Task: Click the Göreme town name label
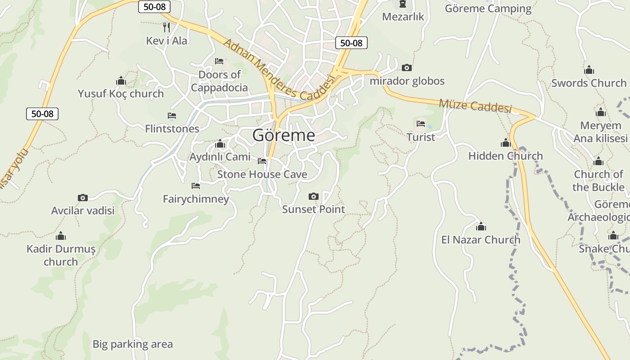click(x=283, y=135)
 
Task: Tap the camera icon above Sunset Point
click(x=314, y=196)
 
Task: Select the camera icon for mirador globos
click(x=407, y=67)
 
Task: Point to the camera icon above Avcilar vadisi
click(x=83, y=198)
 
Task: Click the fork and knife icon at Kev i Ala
click(x=166, y=27)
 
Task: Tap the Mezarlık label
click(x=403, y=17)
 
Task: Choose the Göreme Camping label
click(x=488, y=9)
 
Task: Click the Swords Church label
click(x=589, y=83)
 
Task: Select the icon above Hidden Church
click(x=506, y=143)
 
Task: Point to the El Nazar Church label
click(x=481, y=239)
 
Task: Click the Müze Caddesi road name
click(x=475, y=106)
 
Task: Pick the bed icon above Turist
click(x=421, y=123)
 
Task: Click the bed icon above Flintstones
click(x=171, y=116)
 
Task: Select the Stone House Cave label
click(x=262, y=174)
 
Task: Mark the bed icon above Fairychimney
click(x=196, y=185)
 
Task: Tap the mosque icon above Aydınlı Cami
click(x=220, y=144)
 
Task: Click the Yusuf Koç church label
click(x=121, y=94)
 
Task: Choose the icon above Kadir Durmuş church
click(x=61, y=236)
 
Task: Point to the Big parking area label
click(x=132, y=344)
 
